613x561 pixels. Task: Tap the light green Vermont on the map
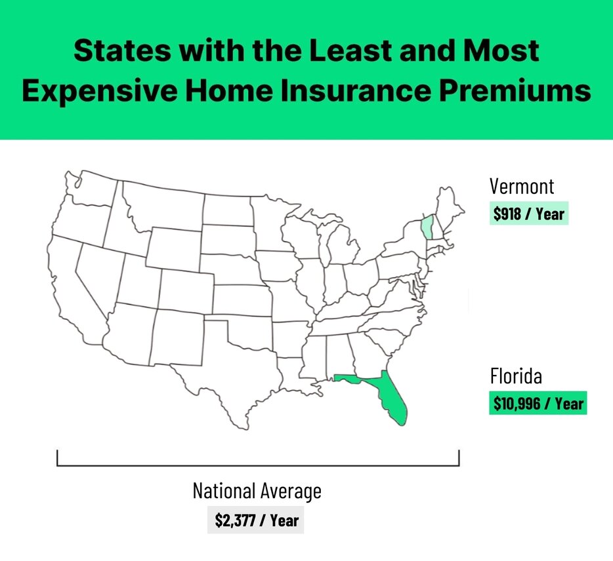click(427, 227)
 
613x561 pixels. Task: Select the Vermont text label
click(522, 186)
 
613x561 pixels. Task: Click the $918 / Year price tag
click(528, 214)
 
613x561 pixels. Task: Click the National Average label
click(257, 491)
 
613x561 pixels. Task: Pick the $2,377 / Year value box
click(257, 521)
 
